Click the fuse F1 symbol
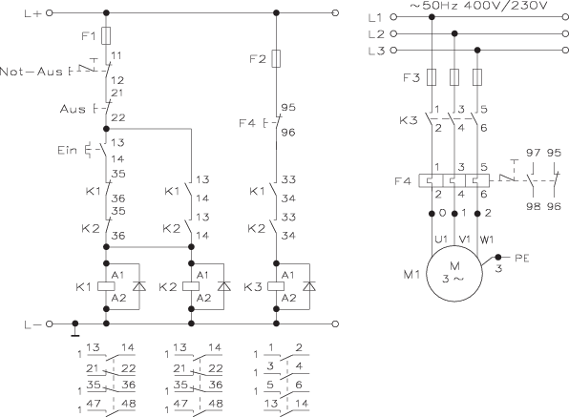pos(105,36)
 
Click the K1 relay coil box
pos(105,285)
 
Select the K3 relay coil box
pos(277,285)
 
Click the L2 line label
pos(373,33)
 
